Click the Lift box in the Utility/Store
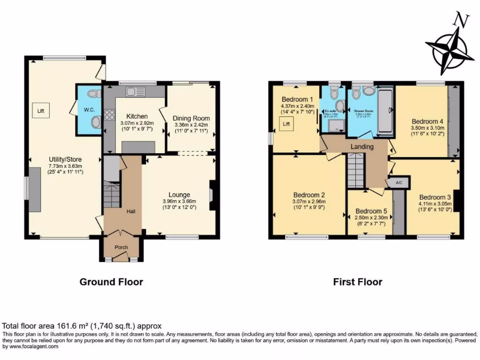point(41,111)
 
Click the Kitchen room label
point(137,116)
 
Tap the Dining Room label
point(191,118)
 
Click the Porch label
point(121,247)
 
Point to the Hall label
point(131,212)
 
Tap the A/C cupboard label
point(399,182)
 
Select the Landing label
point(362,147)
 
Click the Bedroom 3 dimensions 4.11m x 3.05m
point(435,203)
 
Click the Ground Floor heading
point(111,282)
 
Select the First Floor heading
point(358,282)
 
